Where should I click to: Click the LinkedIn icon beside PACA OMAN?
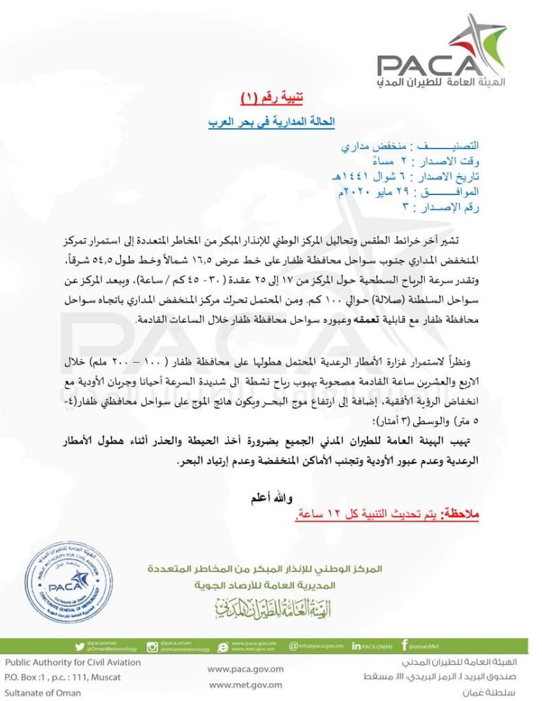(x=356, y=646)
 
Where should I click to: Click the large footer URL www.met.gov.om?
(x=245, y=685)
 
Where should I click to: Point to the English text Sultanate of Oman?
(x=42, y=692)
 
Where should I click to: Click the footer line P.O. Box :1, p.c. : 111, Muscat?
(x=63, y=677)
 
